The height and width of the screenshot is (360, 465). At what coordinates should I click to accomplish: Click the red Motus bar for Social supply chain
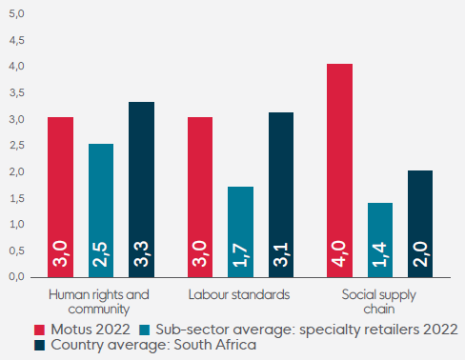(x=339, y=170)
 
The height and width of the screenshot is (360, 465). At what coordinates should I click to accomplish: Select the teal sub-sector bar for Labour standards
(x=240, y=232)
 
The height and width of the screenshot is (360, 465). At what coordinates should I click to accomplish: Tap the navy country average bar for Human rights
(x=141, y=190)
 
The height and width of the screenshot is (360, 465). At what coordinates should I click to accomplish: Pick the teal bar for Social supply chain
(x=380, y=240)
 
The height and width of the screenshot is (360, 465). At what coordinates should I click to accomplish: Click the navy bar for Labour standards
(x=281, y=195)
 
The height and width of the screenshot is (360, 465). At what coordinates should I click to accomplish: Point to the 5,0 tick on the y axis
(x=16, y=13)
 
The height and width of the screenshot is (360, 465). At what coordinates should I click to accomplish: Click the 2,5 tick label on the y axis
(x=16, y=146)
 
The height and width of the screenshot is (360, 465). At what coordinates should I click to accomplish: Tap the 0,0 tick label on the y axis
(x=16, y=276)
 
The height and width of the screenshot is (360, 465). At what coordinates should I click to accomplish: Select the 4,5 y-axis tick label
(x=16, y=40)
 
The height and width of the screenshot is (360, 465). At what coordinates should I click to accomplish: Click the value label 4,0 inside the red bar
(x=338, y=253)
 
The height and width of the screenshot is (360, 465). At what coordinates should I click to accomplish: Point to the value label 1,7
(x=240, y=254)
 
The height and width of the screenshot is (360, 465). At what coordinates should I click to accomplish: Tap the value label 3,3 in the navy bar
(x=141, y=253)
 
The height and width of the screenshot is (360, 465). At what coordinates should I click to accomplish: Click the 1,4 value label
(x=379, y=254)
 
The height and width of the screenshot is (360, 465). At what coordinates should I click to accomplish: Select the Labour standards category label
(x=239, y=294)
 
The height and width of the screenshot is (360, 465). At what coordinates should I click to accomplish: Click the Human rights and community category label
(x=99, y=302)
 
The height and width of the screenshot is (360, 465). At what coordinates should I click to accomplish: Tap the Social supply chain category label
(x=379, y=302)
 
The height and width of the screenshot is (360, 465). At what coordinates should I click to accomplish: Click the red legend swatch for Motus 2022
(x=39, y=330)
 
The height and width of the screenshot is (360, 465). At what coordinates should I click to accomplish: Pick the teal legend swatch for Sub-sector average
(x=145, y=330)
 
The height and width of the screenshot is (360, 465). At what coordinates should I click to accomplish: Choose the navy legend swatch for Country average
(x=39, y=346)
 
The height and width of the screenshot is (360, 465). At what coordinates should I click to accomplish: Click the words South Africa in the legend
(x=215, y=345)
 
